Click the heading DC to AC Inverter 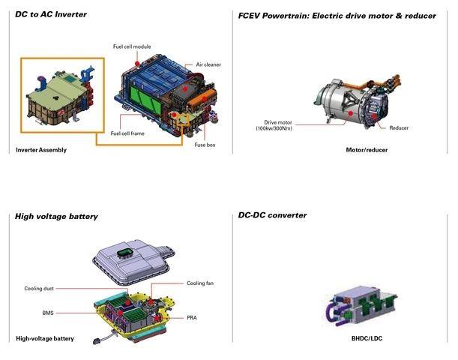coord(50,15)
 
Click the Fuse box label coord(205,145)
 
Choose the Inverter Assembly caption coord(41,150)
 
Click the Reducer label coord(399,128)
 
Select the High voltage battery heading coord(56,217)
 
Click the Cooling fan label coord(200,283)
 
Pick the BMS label coord(48,310)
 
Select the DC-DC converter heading coord(272,215)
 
